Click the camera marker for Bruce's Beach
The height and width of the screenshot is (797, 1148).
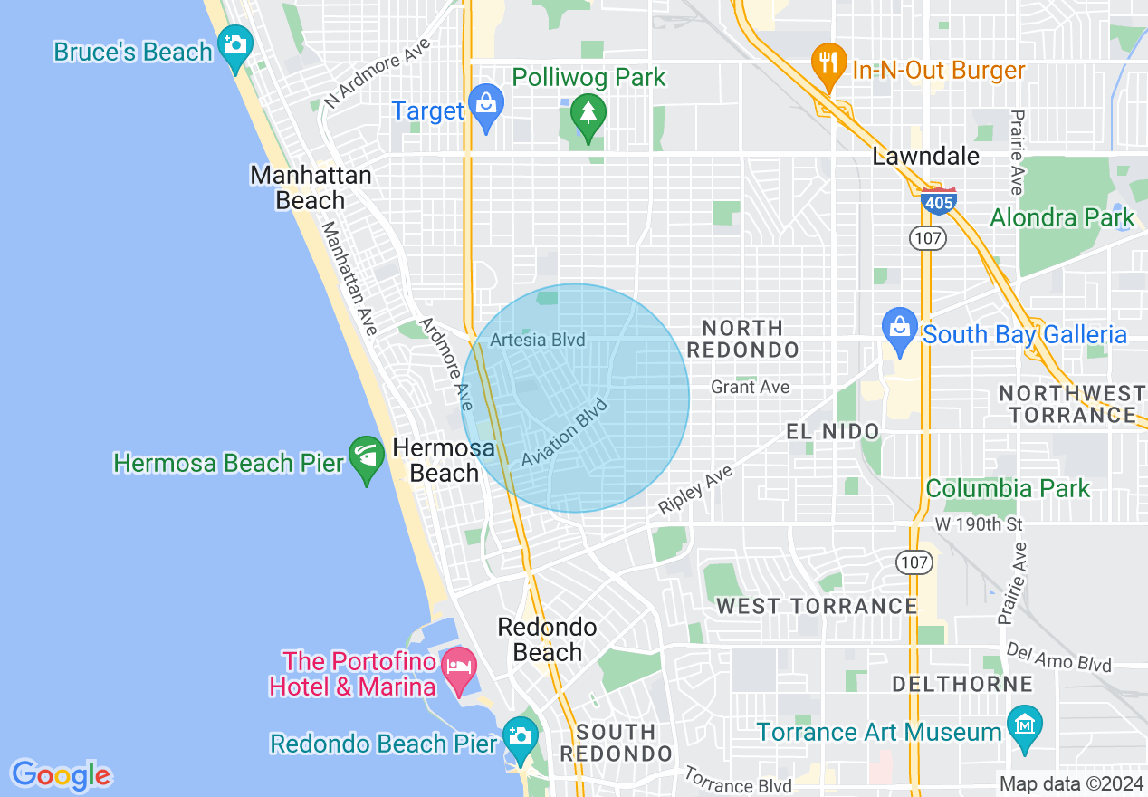pyautogui.click(x=235, y=45)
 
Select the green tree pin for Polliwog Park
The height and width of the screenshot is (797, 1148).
pyautogui.click(x=588, y=114)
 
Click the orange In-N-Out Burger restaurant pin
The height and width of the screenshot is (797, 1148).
pyautogui.click(x=828, y=63)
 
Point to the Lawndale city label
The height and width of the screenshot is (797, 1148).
pyautogui.click(x=925, y=157)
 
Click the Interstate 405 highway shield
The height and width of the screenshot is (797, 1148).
pyautogui.click(x=939, y=201)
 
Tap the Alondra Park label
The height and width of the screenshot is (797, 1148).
pyautogui.click(x=1061, y=218)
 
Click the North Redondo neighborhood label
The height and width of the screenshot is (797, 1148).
pyautogui.click(x=742, y=339)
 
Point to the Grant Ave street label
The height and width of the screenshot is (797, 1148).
pyautogui.click(x=750, y=388)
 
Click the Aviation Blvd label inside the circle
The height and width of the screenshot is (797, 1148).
pyautogui.click(x=564, y=433)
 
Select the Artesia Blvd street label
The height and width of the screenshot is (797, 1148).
pyautogui.click(x=538, y=341)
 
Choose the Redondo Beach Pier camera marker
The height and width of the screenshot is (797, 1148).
pyautogui.click(x=520, y=736)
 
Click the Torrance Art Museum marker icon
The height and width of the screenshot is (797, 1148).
pyautogui.click(x=1025, y=725)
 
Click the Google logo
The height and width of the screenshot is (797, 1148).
pyautogui.click(x=61, y=775)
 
